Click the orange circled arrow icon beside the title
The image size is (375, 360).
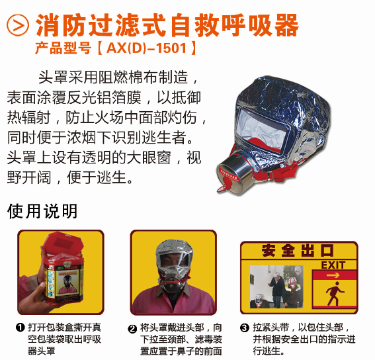(x=18, y=25)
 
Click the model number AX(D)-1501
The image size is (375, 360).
(x=146, y=48)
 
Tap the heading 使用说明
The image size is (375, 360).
(x=42, y=211)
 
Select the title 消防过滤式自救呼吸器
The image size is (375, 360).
(x=167, y=25)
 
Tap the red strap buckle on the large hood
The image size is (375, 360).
(x=271, y=175)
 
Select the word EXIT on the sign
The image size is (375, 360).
(x=333, y=265)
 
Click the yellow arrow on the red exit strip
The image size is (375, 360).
(x=333, y=275)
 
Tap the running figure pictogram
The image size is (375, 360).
(x=335, y=293)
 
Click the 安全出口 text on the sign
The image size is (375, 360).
(x=298, y=250)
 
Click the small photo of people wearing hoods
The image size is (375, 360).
(x=276, y=287)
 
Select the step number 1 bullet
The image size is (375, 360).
(x=21, y=328)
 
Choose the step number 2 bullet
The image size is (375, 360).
(x=132, y=329)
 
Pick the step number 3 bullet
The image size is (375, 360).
(x=245, y=328)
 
